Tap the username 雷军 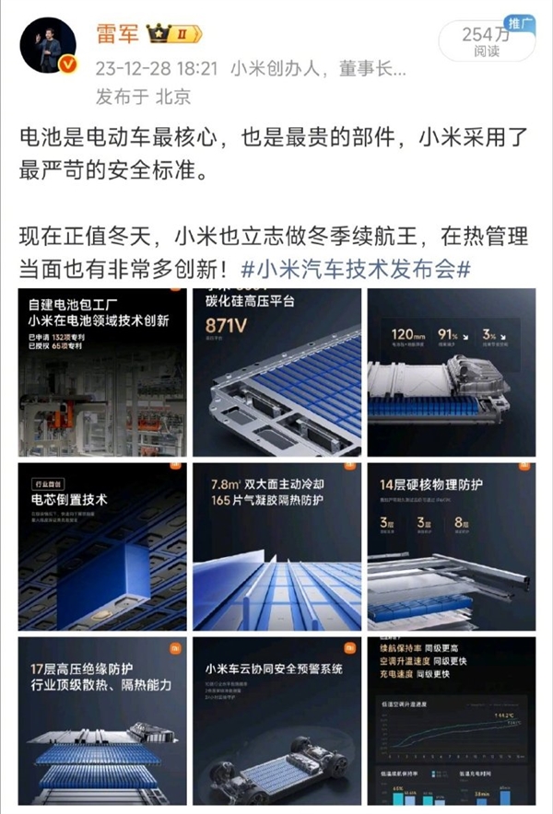(x=118, y=35)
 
